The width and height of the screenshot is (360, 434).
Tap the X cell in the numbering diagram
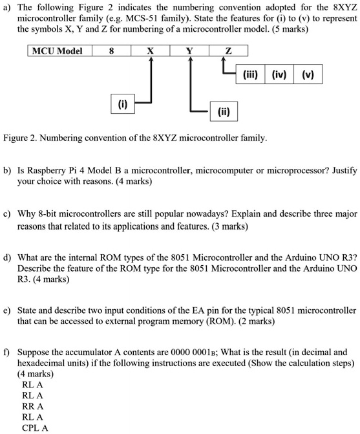click(151, 50)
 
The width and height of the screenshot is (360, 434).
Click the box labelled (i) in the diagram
click(123, 103)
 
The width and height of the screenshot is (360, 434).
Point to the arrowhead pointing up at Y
click(190, 60)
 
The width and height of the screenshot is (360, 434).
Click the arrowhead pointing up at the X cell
click(151, 60)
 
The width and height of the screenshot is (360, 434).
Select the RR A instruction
click(33, 406)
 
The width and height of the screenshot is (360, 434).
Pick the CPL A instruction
click(35, 427)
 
